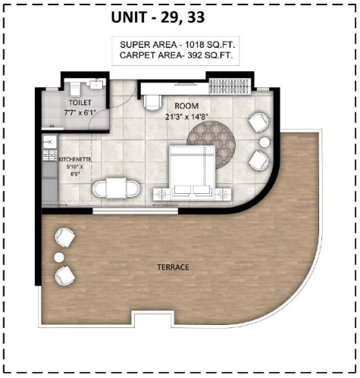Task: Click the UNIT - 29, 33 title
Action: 158,17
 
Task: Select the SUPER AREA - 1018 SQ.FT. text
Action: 177,45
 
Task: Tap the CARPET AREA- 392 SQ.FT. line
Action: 176,55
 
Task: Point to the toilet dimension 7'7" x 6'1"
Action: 79,113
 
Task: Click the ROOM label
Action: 186,106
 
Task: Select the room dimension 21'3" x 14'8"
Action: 186,117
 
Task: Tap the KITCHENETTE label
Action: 75,160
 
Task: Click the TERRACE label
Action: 173,267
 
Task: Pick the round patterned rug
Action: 211,145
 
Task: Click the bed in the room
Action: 192,172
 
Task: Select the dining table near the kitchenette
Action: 116,188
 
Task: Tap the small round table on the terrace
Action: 59,258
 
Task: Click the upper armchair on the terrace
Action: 65,238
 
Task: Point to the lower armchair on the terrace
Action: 65,276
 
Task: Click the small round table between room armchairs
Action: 265,142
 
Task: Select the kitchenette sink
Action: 50,142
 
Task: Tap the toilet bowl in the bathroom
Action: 75,89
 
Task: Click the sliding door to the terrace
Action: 136,211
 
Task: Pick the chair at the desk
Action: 152,103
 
